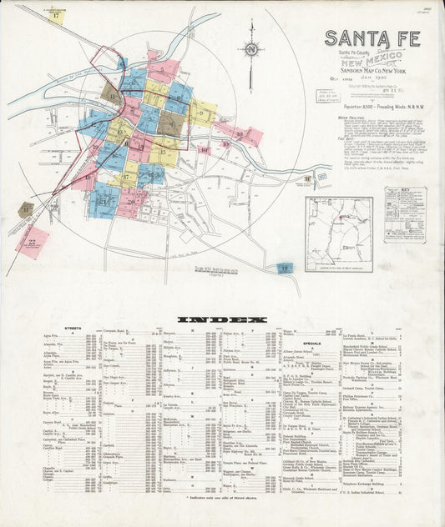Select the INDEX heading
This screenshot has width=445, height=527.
click(x=222, y=319)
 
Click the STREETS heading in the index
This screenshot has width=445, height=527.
click(x=74, y=331)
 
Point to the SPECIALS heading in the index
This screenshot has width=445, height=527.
click(x=313, y=343)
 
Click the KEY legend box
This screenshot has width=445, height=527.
click(x=405, y=215)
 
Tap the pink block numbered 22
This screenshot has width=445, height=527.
click(x=32, y=243)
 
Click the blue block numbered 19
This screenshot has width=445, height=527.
click(x=285, y=269)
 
